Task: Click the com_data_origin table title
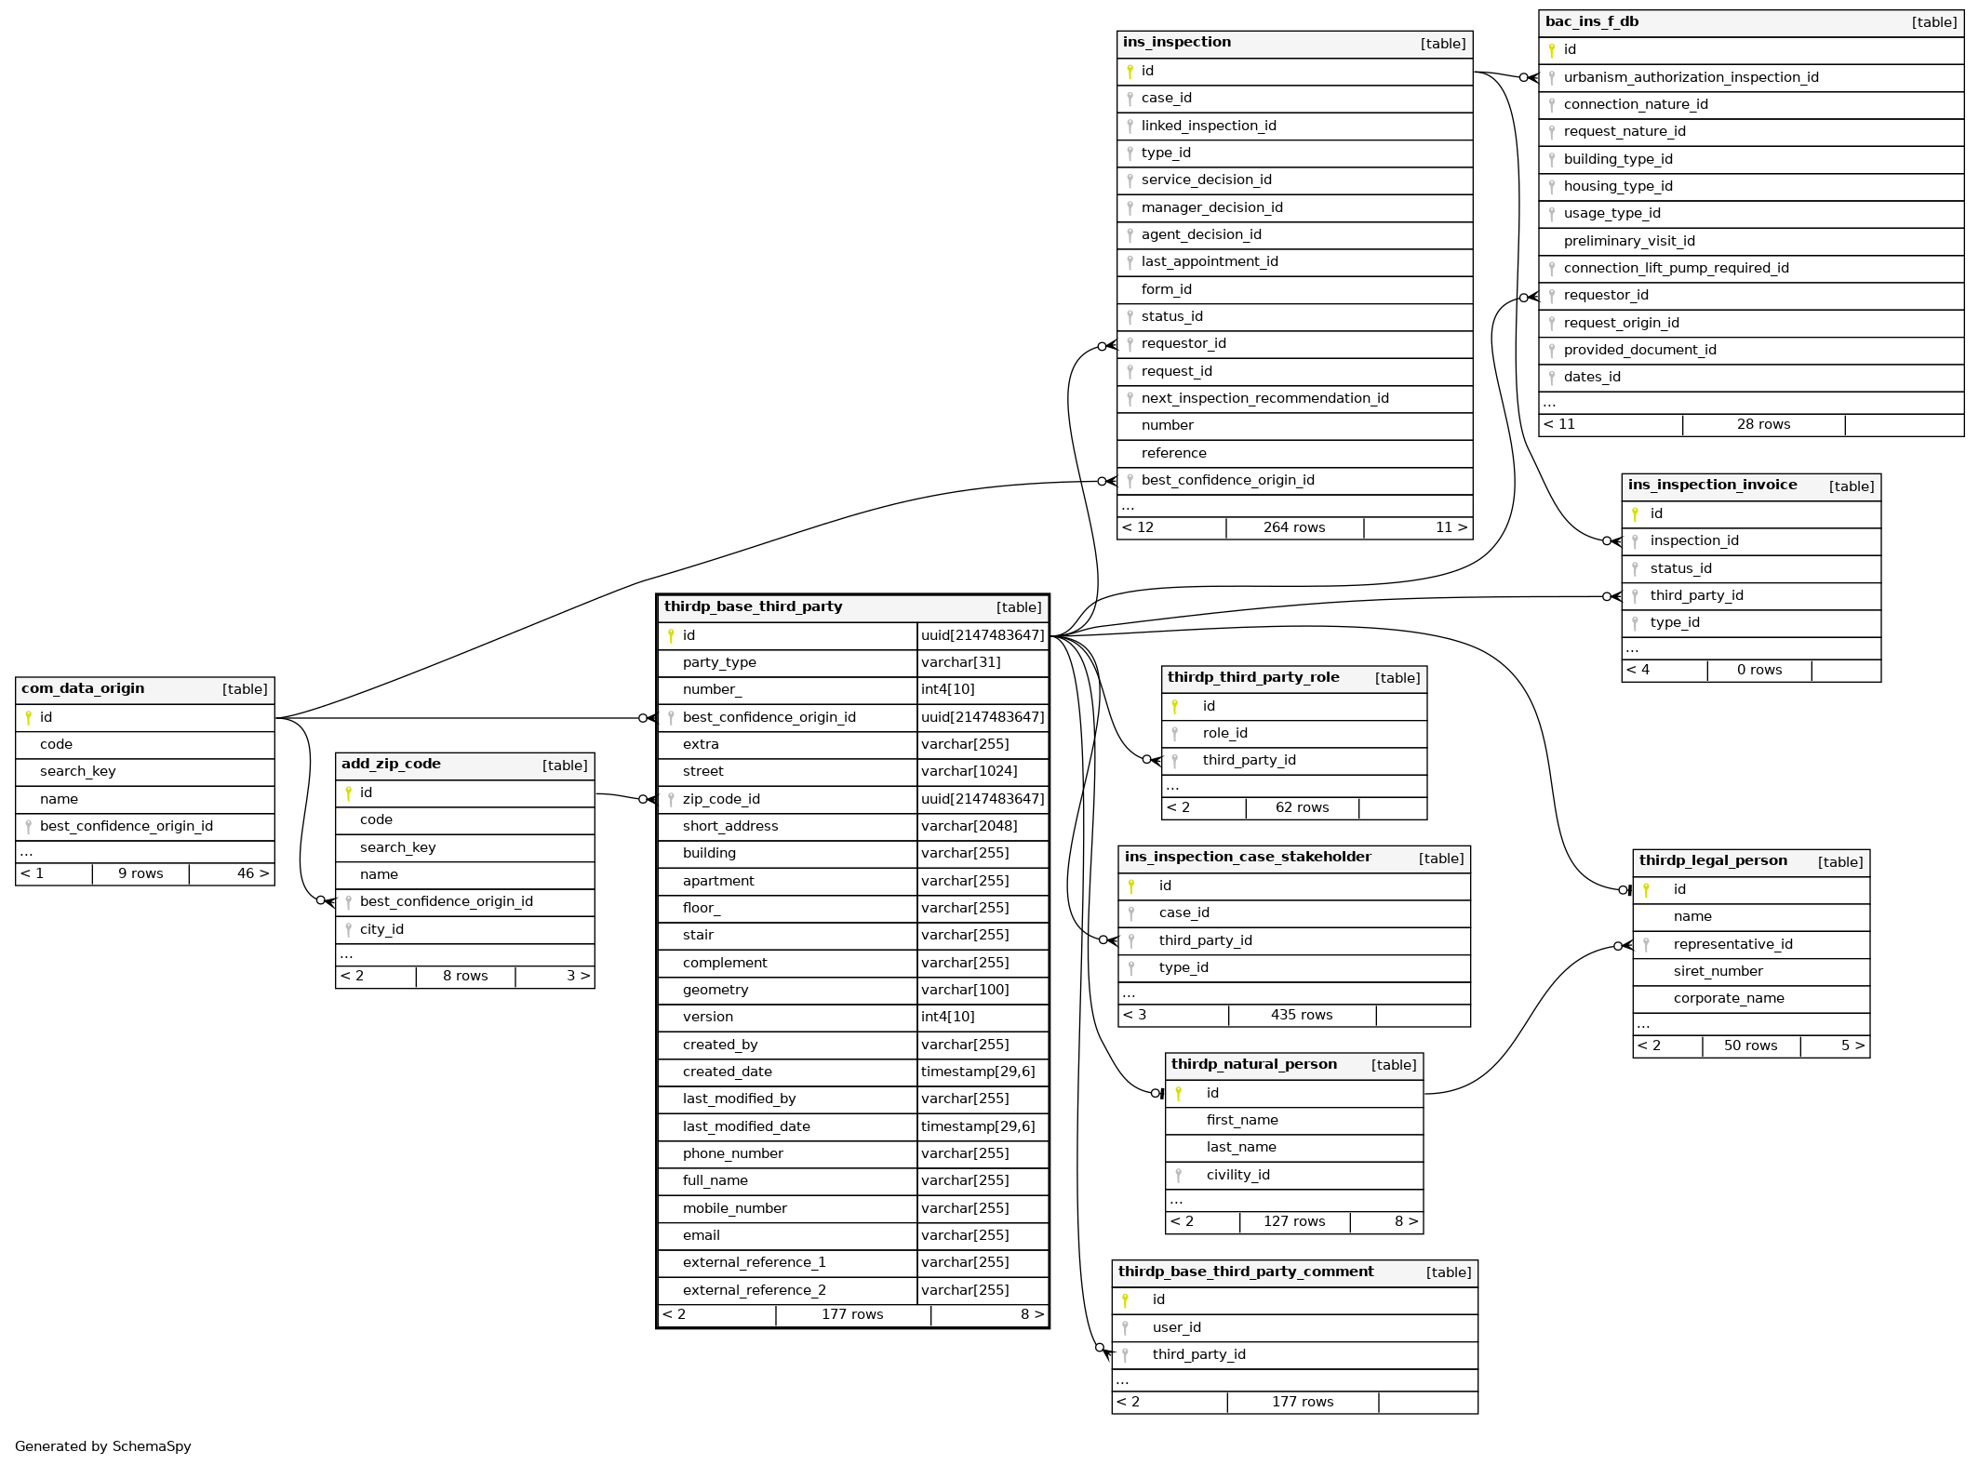coord(83,688)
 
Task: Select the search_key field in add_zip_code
coord(397,847)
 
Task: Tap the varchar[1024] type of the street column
coord(969,771)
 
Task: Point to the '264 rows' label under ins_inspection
coord(1293,527)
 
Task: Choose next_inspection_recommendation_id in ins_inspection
coord(1264,398)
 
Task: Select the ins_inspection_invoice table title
coord(1712,485)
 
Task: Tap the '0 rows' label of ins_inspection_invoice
coord(1758,670)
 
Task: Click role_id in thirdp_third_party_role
coord(1224,733)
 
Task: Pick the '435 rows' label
coord(1301,1015)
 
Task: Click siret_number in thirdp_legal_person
coord(1718,971)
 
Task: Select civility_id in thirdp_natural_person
coord(1237,1175)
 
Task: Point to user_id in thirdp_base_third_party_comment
coord(1176,1327)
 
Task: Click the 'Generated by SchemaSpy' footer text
coord(103,1446)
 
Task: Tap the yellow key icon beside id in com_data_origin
coord(29,717)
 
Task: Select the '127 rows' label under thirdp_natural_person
coord(1293,1221)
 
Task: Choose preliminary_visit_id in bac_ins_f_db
coord(1628,241)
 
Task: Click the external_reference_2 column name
coord(754,1290)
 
